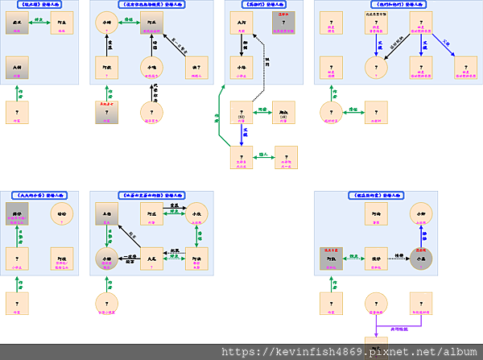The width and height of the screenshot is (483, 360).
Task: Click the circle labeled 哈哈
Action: [x=62, y=213]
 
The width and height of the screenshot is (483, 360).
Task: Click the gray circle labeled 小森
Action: [x=421, y=258]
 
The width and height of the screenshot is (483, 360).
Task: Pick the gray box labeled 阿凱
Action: [x=332, y=258]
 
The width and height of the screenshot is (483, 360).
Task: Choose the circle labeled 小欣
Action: [x=196, y=213]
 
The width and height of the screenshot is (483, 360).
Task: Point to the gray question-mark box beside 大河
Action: [x=283, y=22]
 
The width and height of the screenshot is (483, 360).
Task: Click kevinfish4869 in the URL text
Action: [x=314, y=352]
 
